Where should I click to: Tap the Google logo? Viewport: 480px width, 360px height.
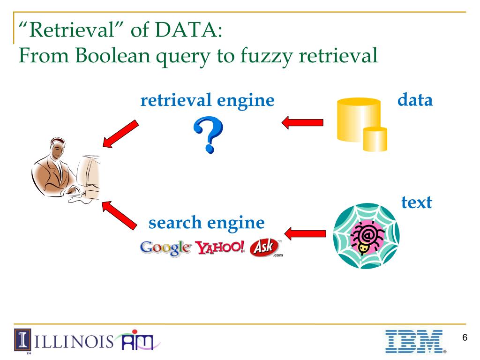click(x=165, y=248)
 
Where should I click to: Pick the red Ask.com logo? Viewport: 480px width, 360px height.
click(x=265, y=248)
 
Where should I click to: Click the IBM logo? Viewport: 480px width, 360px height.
click(x=414, y=340)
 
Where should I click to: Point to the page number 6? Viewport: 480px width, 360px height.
click(x=465, y=338)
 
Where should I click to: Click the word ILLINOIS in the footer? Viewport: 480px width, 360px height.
click(x=75, y=339)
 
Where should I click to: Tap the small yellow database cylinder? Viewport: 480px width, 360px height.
click(x=375, y=139)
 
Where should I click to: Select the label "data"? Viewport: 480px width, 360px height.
click(x=415, y=100)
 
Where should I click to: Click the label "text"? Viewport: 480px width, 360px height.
click(x=416, y=203)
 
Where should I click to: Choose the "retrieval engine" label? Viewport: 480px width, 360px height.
click(x=207, y=100)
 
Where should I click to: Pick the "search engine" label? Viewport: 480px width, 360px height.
click(x=206, y=223)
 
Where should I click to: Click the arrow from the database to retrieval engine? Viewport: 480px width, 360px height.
click(x=302, y=123)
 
